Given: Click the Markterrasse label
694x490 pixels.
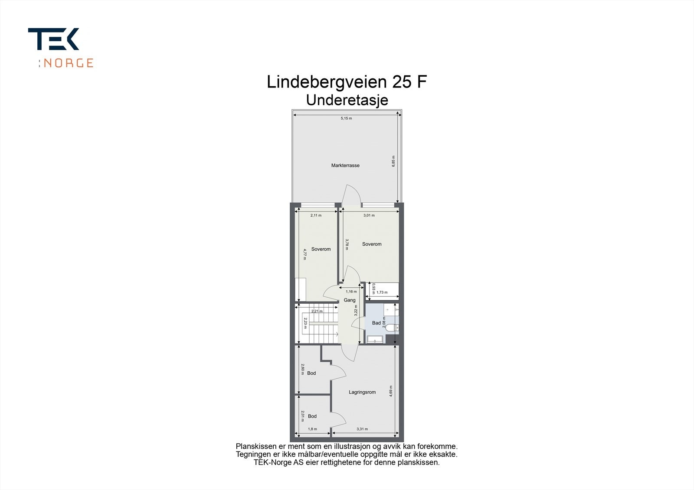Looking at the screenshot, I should tap(345, 165).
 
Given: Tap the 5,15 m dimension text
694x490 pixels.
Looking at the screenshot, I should tap(346, 118).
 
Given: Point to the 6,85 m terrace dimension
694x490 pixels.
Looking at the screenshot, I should tap(393, 161).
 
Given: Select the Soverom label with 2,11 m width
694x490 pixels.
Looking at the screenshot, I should tap(321, 249).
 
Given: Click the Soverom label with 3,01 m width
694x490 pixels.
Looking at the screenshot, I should tap(372, 244).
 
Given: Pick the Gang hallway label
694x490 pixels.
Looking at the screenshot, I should tap(350, 300).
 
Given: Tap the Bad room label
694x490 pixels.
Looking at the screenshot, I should tap(376, 323).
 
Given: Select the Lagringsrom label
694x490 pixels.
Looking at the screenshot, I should tap(362, 393).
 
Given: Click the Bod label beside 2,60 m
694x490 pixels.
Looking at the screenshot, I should tap(311, 373).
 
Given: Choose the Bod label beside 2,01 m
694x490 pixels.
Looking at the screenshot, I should tap(312, 416).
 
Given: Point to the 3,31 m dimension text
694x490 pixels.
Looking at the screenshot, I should tap(362, 429).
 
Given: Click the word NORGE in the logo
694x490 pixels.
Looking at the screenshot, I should tap(69, 63).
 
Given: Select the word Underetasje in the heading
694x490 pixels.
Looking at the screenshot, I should tap(347, 100).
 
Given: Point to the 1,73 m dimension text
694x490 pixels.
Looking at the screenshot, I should tap(382, 292).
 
